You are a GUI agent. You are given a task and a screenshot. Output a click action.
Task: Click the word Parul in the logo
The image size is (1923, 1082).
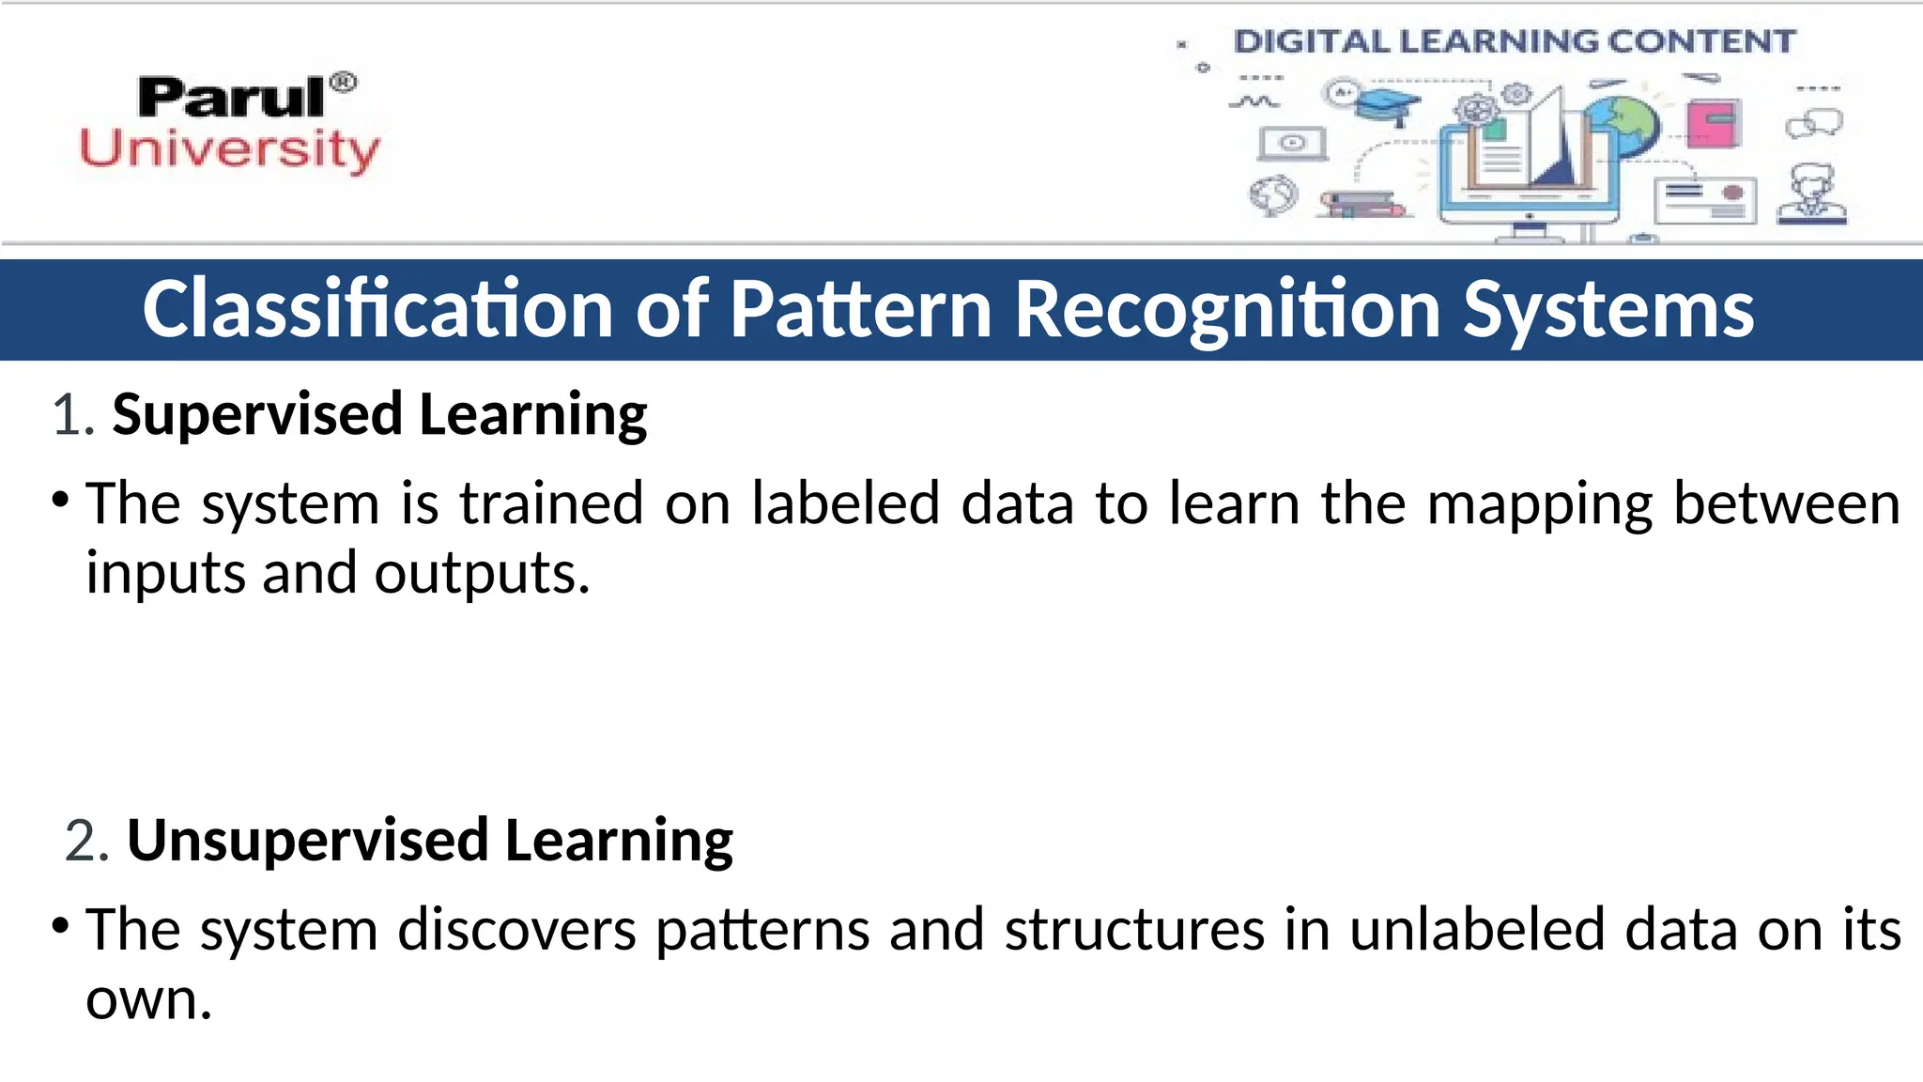pos(231,98)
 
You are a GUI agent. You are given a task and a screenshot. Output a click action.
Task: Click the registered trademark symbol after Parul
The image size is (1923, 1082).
pos(345,83)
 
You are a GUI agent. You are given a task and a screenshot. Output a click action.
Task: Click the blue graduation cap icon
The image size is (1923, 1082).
pos(1388,103)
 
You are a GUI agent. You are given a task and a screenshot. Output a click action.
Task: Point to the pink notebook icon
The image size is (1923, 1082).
pos(1714,123)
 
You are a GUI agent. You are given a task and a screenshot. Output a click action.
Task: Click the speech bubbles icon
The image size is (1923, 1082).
pos(1814,123)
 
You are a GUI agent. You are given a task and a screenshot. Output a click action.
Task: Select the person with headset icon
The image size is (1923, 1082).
pos(1812,194)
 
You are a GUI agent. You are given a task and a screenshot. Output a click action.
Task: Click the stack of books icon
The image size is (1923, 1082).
pos(1361,204)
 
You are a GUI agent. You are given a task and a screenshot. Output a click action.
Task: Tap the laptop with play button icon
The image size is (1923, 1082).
pos(1293,144)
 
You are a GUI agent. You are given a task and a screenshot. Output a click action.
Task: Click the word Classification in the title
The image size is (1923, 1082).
pos(377,309)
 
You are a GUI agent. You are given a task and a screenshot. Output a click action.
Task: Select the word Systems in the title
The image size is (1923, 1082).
pos(1608,309)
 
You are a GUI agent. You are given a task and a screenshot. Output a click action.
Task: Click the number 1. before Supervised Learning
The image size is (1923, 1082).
pos(73,415)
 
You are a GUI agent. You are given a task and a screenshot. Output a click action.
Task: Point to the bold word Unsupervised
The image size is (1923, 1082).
pos(308,840)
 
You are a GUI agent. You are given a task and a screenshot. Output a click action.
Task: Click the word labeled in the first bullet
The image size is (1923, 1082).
pos(845,503)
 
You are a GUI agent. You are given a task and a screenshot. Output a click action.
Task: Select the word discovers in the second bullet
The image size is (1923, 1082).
pos(516,930)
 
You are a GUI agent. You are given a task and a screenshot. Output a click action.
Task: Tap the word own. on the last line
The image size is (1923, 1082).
pos(148,999)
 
